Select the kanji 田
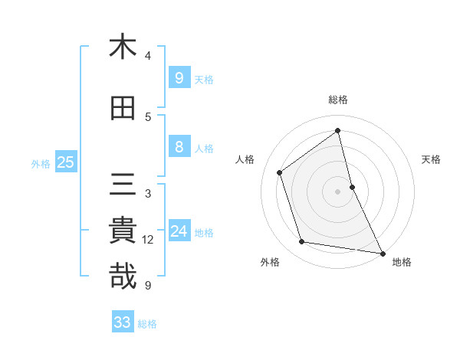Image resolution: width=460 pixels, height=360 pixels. tap(123, 109)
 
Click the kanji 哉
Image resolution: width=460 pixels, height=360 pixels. tap(123, 277)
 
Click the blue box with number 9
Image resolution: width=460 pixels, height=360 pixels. tap(179, 77)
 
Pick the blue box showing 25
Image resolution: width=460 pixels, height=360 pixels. tap(64, 162)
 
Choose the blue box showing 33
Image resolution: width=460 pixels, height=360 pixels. tap(122, 322)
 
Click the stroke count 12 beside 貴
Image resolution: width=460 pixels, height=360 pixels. tap(148, 240)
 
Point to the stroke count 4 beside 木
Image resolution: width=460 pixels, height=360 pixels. tap(148, 55)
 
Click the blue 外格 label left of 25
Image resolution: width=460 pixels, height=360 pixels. tap(41, 163)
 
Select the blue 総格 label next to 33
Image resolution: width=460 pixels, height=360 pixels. tap(147, 324)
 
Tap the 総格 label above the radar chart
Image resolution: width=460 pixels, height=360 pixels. tap(338, 100)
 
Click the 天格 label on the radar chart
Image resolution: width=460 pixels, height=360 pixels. tap(432, 159)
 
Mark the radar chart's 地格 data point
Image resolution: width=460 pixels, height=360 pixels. tap(382, 252)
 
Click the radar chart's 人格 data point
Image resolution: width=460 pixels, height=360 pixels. tap(280, 172)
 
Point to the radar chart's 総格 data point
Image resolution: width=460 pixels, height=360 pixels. tap(338, 130)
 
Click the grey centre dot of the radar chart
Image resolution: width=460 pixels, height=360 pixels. tap(338, 191)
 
